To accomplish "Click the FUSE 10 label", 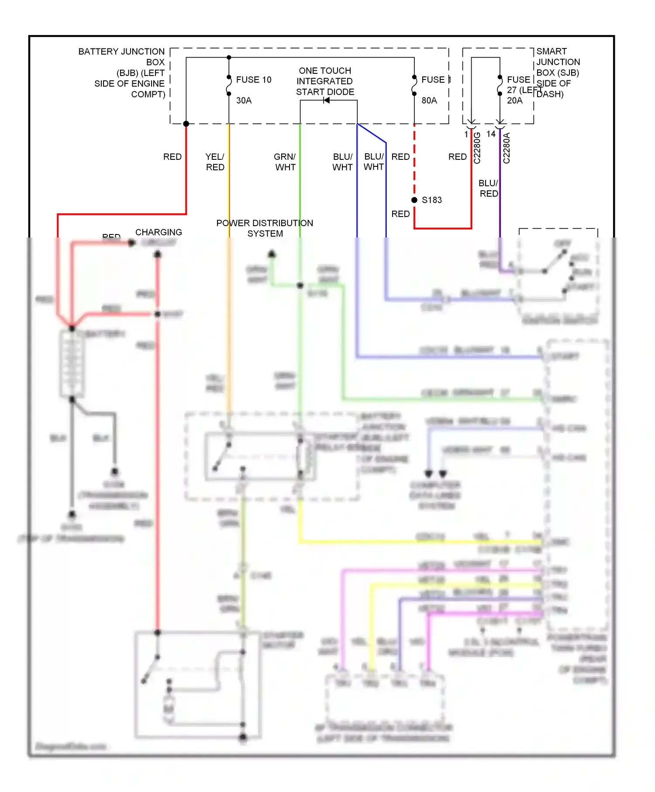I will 253,79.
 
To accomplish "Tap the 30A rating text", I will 244,100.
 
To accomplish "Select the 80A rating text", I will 429,100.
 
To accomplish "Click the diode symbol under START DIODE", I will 326,100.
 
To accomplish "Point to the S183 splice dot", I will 414,200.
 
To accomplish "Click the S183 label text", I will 431,200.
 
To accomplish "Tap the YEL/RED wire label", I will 215,162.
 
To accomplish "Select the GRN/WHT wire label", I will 285,162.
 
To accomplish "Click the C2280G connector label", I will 477,148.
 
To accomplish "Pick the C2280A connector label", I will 507,148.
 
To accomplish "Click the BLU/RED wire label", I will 488,188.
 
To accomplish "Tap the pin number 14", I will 491,134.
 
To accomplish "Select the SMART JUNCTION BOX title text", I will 558,72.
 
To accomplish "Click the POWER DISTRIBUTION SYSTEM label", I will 265,228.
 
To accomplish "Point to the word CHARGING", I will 159,232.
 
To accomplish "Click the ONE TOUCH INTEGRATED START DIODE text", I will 325,81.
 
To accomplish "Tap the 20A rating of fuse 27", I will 514,100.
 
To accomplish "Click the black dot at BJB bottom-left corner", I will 186,124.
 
